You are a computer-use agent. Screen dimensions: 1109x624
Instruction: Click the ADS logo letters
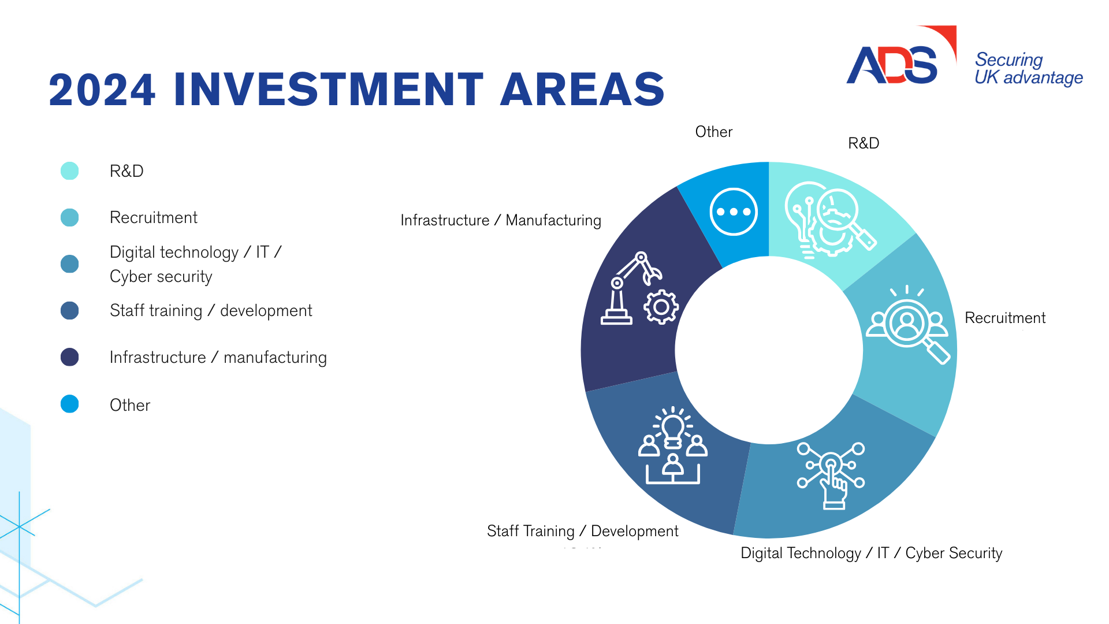click(892, 64)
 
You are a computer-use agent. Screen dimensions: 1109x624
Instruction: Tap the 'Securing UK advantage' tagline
click(1029, 69)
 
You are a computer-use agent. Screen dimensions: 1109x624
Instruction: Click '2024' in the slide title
click(102, 90)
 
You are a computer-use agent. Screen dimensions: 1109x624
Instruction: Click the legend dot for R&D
click(69, 171)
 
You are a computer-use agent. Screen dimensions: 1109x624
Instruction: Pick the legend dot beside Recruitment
click(69, 218)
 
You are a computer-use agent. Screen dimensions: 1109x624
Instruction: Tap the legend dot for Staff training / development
click(69, 311)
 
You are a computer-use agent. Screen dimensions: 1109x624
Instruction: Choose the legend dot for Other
click(69, 404)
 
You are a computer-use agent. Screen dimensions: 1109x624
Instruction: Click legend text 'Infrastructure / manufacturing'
click(218, 358)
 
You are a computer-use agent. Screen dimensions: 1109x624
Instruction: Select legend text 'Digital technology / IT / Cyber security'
click(195, 264)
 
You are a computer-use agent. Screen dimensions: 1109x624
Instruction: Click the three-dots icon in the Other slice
click(734, 212)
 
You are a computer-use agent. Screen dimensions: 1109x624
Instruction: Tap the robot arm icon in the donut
click(631, 288)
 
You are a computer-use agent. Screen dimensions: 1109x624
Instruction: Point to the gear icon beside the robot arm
click(661, 307)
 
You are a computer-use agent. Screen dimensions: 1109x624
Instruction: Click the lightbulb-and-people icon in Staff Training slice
click(673, 445)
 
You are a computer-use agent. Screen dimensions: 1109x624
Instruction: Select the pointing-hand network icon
click(831, 476)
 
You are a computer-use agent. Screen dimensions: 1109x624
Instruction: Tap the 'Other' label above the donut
click(714, 132)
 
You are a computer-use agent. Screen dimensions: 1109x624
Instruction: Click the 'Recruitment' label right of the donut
click(1005, 318)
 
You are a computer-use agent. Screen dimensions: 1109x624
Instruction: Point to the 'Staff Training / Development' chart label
click(583, 531)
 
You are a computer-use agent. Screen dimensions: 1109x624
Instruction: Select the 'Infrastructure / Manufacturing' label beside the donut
click(501, 220)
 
